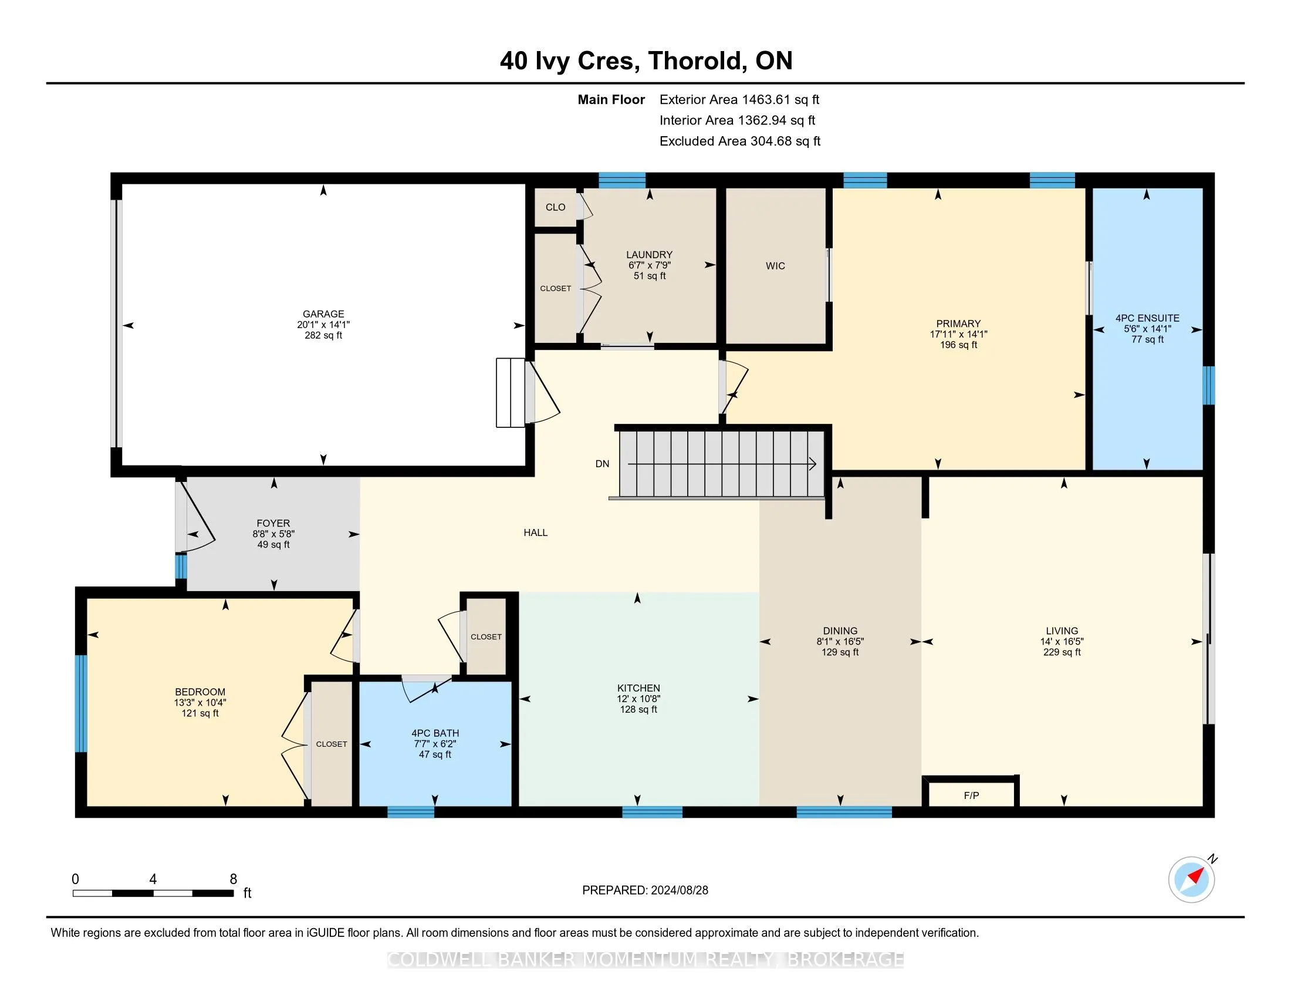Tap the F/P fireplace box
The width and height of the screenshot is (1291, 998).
971,793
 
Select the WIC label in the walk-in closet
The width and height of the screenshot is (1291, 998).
775,266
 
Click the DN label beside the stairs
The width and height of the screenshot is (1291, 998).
602,464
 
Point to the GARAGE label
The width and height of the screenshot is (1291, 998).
323,314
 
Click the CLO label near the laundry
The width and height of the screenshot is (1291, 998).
556,207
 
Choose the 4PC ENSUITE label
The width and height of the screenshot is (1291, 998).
1147,318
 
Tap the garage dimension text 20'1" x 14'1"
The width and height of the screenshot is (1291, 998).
323,325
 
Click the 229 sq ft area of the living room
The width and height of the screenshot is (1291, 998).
1062,652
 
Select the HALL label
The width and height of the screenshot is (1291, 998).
536,532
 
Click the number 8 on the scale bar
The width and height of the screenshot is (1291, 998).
234,879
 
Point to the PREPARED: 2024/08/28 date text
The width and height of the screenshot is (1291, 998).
645,891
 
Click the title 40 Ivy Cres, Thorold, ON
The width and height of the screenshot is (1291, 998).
646,61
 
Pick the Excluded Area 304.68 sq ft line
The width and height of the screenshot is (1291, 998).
740,141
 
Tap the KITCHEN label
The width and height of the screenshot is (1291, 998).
638,688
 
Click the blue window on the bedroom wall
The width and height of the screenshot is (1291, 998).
81,703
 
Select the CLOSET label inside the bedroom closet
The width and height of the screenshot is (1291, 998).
332,744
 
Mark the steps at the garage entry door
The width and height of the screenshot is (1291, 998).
510,393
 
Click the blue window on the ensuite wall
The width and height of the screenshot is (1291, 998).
1209,386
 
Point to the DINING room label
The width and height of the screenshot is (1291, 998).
840,631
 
